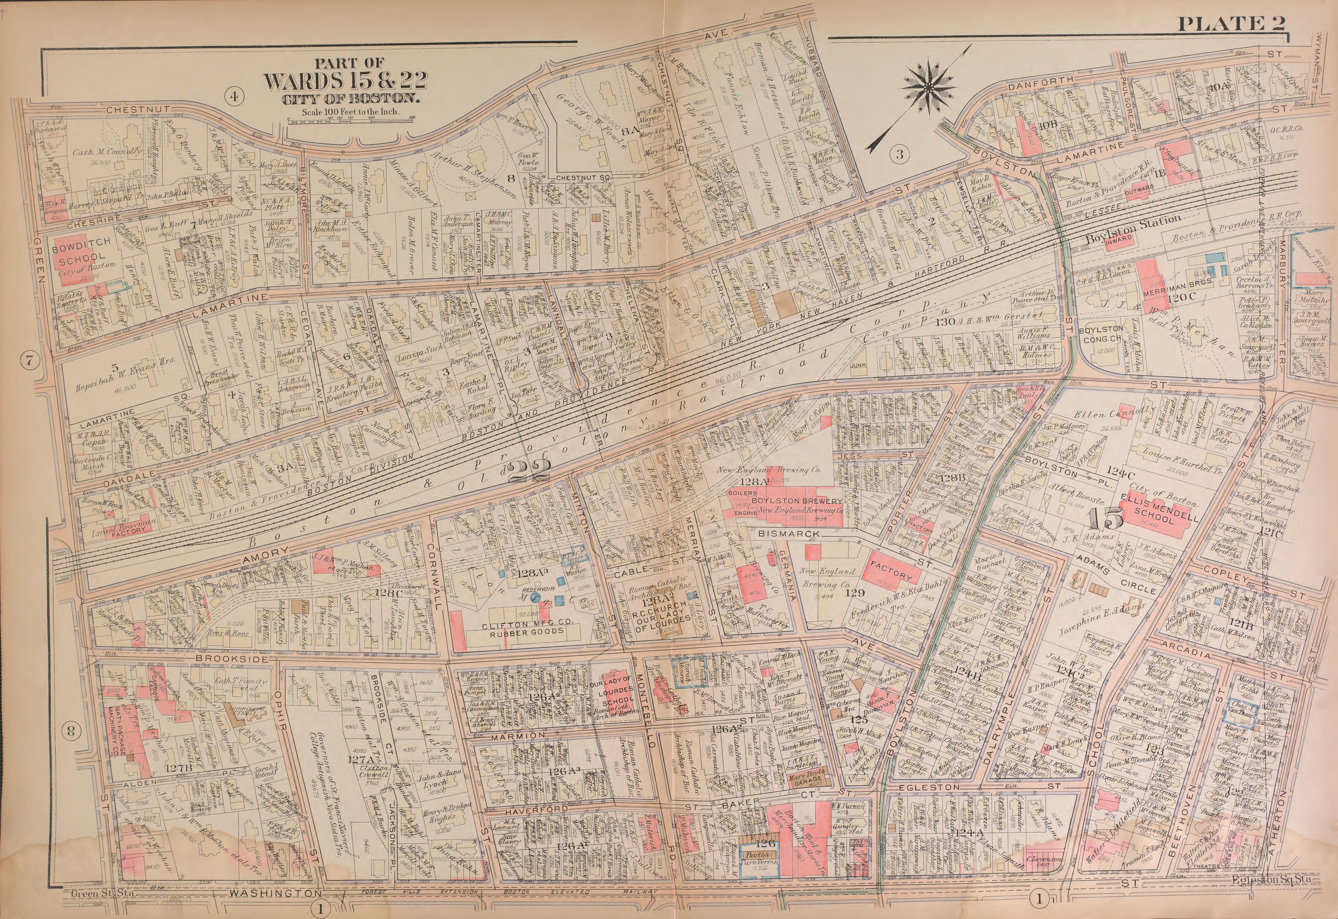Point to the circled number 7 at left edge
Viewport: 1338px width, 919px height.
[x=29, y=361]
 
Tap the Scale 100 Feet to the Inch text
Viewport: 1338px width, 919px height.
[x=350, y=112]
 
